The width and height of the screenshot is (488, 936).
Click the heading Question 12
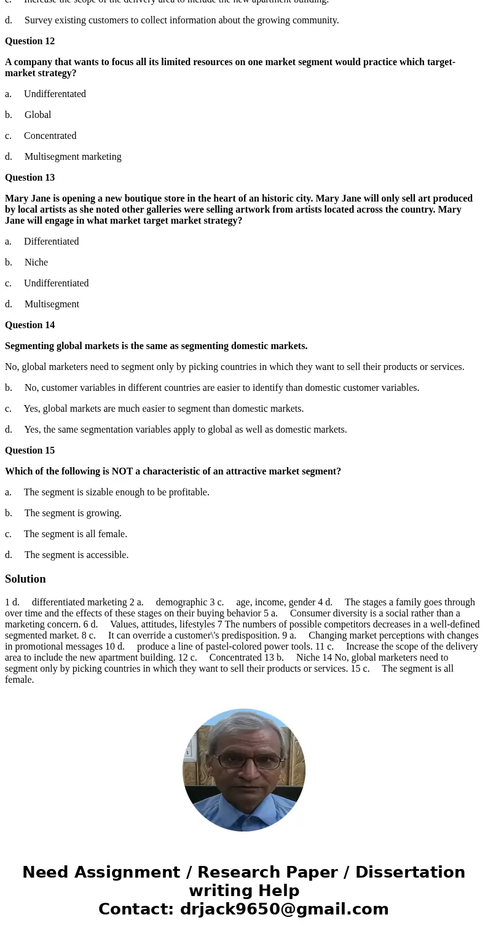[x=30, y=41]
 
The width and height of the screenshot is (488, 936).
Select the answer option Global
[x=37, y=115]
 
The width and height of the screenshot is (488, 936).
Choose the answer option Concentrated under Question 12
[x=50, y=136]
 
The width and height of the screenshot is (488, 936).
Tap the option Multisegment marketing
[x=73, y=157]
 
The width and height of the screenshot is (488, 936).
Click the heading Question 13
[x=30, y=178]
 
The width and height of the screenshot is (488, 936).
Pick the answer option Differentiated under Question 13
[x=51, y=242]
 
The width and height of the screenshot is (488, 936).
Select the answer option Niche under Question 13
[x=36, y=262]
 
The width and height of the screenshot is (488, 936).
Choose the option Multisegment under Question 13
[x=52, y=304]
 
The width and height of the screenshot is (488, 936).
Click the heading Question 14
[x=30, y=325]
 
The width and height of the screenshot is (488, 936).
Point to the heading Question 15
[x=30, y=450]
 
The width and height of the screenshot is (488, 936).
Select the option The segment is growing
[x=73, y=513]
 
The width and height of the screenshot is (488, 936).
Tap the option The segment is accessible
[x=76, y=555]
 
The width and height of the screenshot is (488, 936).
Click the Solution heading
[x=25, y=579]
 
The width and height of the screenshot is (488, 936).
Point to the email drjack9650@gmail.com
[x=284, y=909]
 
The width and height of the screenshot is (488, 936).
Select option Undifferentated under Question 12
[x=55, y=94]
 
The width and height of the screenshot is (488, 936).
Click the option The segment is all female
[x=75, y=534]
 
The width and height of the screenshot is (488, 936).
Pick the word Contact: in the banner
[x=136, y=909]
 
